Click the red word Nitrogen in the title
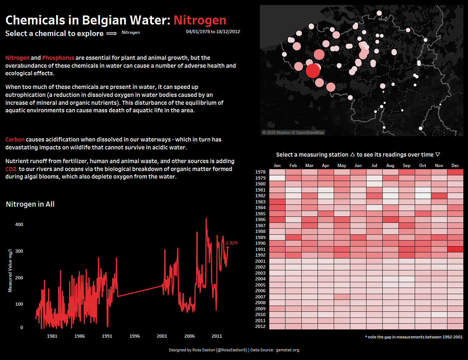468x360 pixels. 200,20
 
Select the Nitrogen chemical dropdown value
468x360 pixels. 131,32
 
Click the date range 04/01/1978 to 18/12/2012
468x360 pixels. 213,32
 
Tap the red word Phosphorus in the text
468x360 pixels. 58,58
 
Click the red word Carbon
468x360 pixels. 15,139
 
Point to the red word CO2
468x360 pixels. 11,169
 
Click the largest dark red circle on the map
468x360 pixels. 312,71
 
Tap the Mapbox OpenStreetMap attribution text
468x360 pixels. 293,132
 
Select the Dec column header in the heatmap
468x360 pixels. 455,166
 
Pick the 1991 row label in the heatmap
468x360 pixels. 260,249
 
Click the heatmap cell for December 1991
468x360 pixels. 455,249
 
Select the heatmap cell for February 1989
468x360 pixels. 293,237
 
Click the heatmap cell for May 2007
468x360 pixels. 342,297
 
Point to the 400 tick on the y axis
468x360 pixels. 19,224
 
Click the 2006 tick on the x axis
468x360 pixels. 189,336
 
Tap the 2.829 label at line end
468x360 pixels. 231,243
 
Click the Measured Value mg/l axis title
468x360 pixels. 10,270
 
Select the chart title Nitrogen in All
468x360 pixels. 30,204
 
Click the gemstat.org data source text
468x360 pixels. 287,350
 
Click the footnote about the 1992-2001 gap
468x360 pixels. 414,337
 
